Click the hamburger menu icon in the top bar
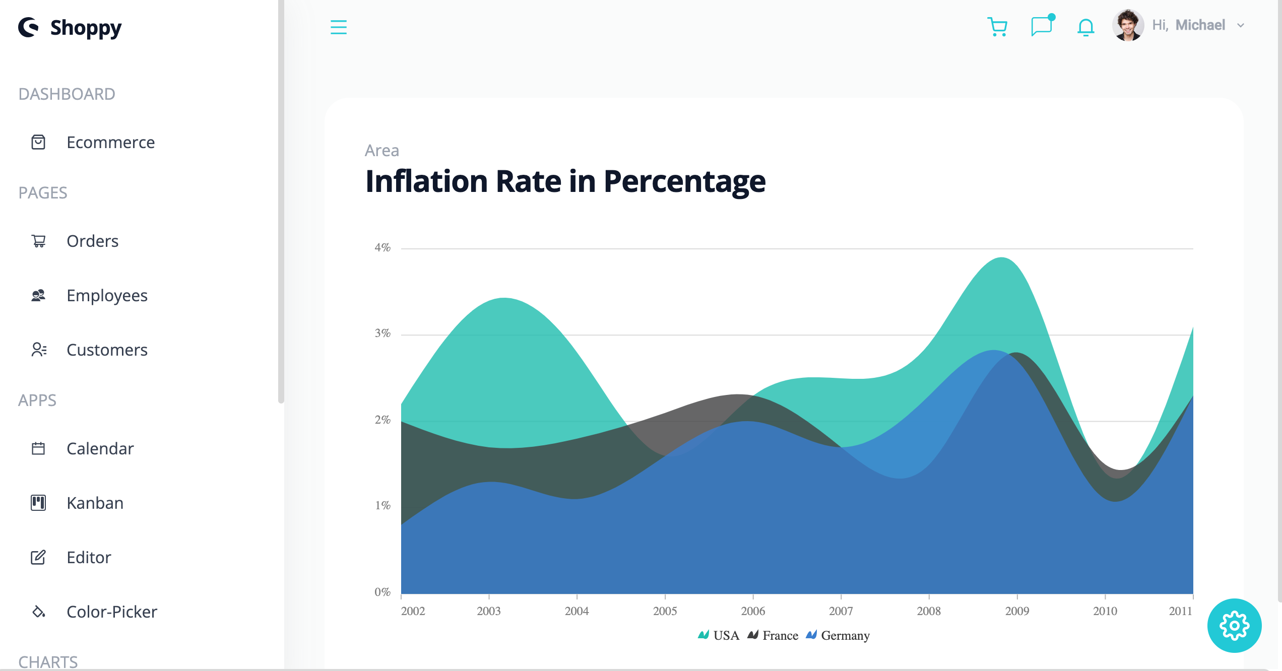coord(339,27)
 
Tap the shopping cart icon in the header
coord(997,27)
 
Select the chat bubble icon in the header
coord(1041,26)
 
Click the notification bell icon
coord(1085,27)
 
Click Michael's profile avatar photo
coord(1128,25)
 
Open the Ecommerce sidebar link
coord(110,143)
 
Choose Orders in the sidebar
coord(92,241)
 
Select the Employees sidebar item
coord(107,296)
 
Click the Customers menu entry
coord(107,350)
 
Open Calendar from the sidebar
coord(100,449)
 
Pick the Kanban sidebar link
coord(95,503)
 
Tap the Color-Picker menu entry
coord(111,612)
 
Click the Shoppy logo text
coord(86,28)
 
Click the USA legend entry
coord(719,636)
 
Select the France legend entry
coord(774,636)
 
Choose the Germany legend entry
coord(839,636)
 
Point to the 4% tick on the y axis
coord(382,248)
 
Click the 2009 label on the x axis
coord(1017,612)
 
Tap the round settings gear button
coord(1234,626)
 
